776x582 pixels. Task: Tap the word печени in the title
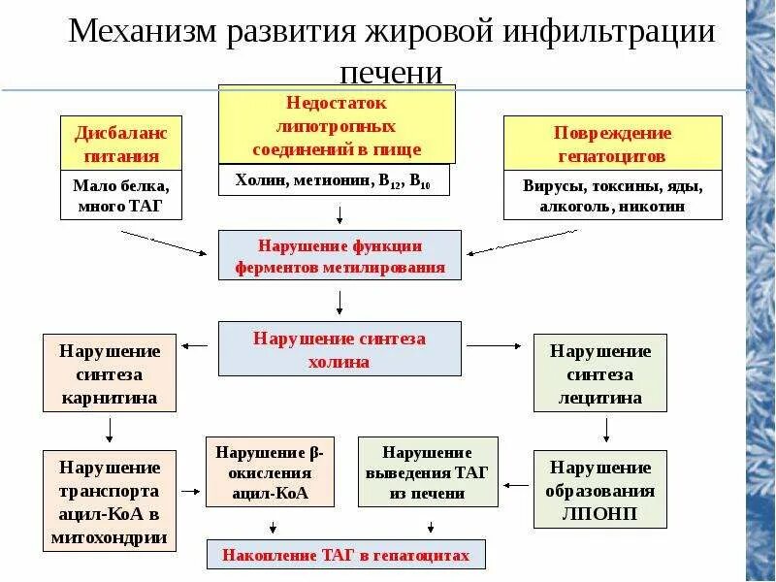click(x=392, y=73)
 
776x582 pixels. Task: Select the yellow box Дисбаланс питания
click(x=121, y=143)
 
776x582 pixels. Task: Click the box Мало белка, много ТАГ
click(x=121, y=194)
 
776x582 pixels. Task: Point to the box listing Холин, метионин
click(x=338, y=180)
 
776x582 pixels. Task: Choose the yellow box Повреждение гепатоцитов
click(x=612, y=143)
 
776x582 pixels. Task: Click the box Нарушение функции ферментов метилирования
click(x=339, y=255)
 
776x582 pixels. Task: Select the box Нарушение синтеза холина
click(x=339, y=349)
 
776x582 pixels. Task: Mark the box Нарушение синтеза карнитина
click(x=109, y=373)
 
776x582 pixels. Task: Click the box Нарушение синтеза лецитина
click(x=600, y=373)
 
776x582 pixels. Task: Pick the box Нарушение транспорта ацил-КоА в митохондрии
click(x=109, y=501)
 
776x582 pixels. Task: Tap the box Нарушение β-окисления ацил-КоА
click(x=271, y=473)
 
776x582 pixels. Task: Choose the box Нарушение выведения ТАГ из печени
click(x=427, y=473)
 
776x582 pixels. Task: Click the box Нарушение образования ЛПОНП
click(x=600, y=489)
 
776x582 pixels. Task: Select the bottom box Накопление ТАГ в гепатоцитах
click(x=345, y=555)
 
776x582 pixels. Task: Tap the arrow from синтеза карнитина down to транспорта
click(x=110, y=429)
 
